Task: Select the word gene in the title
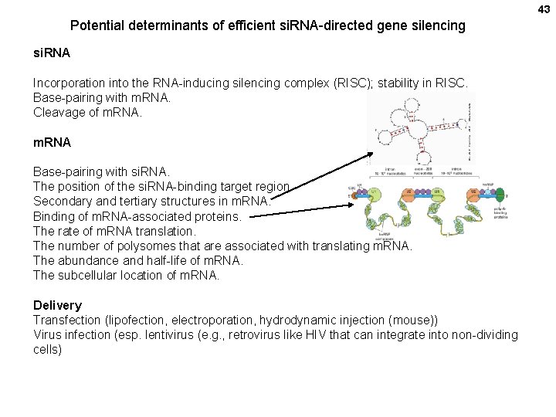[391, 25]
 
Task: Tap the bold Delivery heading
[57, 305]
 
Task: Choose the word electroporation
[212, 320]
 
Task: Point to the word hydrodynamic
[297, 320]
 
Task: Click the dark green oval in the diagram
[499, 195]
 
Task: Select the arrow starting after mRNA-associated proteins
[301, 213]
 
